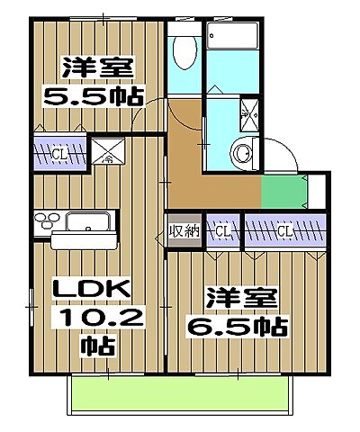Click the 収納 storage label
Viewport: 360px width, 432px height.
point(184,231)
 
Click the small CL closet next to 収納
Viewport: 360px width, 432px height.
point(222,231)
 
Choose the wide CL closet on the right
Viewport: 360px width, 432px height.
point(284,231)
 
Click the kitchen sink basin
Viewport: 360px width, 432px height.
point(86,222)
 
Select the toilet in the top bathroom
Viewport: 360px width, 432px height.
point(184,54)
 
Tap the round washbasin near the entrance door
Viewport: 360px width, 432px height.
point(242,154)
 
